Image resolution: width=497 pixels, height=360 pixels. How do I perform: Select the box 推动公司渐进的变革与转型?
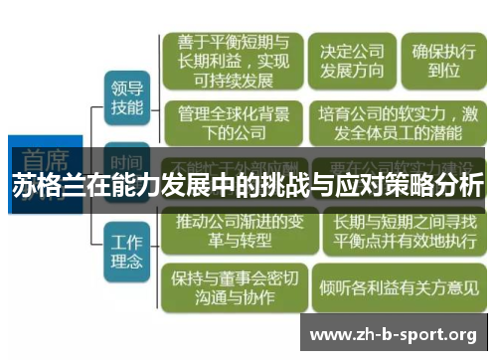point(235,230)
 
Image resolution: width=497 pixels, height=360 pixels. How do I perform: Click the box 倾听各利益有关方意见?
point(399,286)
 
